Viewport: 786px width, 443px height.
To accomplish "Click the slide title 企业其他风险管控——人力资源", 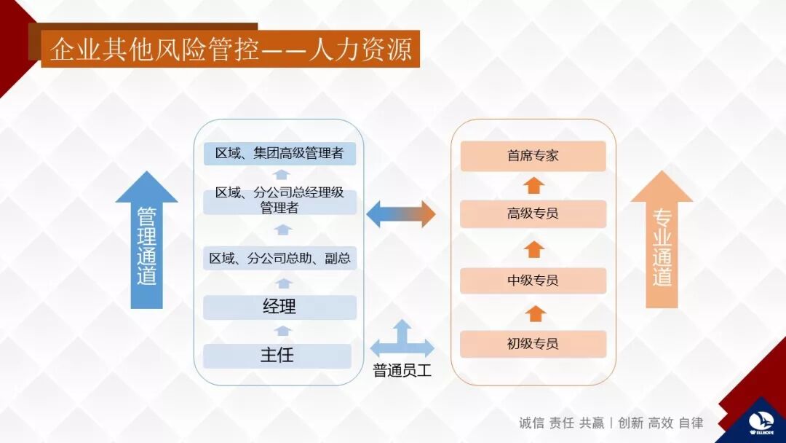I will pyautogui.click(x=230, y=49).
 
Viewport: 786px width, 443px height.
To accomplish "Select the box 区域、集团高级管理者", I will pyautogui.click(x=279, y=154).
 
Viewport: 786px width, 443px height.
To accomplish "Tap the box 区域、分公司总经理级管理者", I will pyautogui.click(x=279, y=201).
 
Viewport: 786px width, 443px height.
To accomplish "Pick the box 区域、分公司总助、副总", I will pyautogui.click(x=279, y=258).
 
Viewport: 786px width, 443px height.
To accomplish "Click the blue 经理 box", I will pyautogui.click(x=279, y=307).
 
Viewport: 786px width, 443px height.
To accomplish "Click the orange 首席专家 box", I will pyautogui.click(x=533, y=156).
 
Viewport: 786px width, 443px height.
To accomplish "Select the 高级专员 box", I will pyautogui.click(x=533, y=213).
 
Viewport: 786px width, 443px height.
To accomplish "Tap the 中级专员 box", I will pyautogui.click(x=533, y=281).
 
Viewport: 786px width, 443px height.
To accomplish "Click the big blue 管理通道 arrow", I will pyautogui.click(x=146, y=240).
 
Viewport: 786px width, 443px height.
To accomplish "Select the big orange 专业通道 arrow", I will pyautogui.click(x=662, y=240).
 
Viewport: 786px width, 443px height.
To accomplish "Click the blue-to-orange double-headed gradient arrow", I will pyautogui.click(x=400, y=214).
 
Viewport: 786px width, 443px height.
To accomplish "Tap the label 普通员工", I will pyautogui.click(x=402, y=371).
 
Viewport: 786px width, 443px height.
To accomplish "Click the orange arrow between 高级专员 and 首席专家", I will pyautogui.click(x=533, y=184).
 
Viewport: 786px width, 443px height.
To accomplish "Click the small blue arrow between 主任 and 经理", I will pyautogui.click(x=283, y=332).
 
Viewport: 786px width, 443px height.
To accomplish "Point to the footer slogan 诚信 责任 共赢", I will pyautogui.click(x=561, y=423).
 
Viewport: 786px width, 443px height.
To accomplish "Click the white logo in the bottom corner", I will pyautogui.click(x=761, y=423).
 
